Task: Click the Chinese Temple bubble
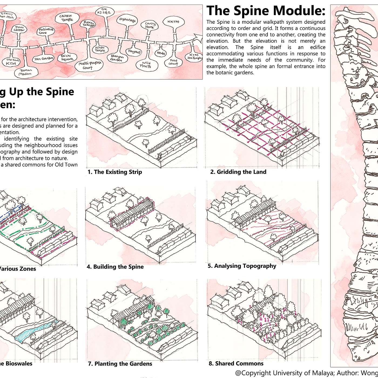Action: (67, 18)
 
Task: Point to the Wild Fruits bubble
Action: (146, 65)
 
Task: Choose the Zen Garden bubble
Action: (43, 59)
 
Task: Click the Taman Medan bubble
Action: (26, 72)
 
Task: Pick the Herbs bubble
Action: (161, 53)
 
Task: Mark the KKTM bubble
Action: (173, 22)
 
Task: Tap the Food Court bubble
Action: (174, 62)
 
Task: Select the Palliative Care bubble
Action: (46, 31)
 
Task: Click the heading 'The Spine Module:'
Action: (266, 11)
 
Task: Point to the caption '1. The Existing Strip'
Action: (115, 172)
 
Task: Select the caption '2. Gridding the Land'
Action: (238, 172)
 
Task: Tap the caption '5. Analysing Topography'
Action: (242, 266)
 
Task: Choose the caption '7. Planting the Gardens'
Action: (120, 364)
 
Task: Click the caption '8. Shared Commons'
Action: (236, 363)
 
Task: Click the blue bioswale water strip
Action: (35, 330)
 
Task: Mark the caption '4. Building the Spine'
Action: (115, 267)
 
